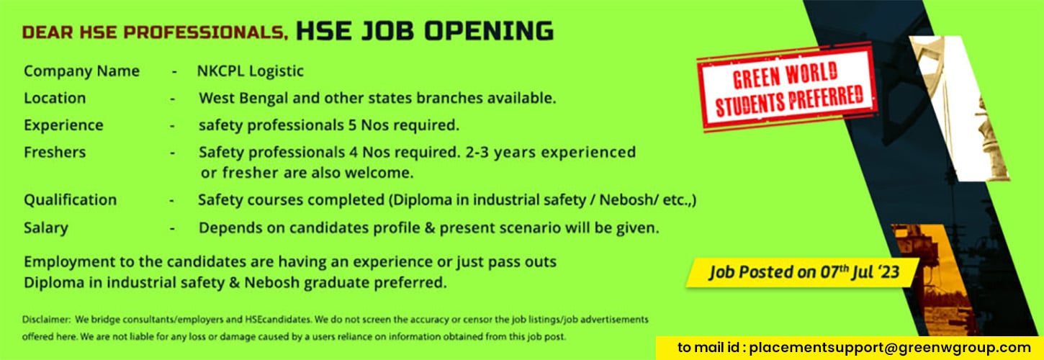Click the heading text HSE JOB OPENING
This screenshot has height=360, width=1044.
pyautogui.click(x=425, y=32)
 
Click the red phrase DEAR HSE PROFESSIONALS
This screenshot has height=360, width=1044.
pyautogui.click(x=155, y=33)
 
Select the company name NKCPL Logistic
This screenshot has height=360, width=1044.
pyautogui.click(x=251, y=71)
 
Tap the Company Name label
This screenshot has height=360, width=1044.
pyautogui.click(x=81, y=71)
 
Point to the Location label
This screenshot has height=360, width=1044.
pyautogui.click(x=55, y=98)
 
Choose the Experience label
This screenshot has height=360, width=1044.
pyautogui.click(x=63, y=125)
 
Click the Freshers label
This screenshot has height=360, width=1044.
pyautogui.click(x=55, y=153)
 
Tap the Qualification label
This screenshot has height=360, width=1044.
pyautogui.click(x=70, y=199)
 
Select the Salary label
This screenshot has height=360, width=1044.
pyautogui.click(x=45, y=228)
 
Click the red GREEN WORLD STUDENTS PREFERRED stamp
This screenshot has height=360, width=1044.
pyautogui.click(x=787, y=86)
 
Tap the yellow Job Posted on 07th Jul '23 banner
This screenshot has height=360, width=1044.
pyautogui.click(x=802, y=273)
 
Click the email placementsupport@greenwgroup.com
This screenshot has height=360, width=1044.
pyautogui.click(x=890, y=348)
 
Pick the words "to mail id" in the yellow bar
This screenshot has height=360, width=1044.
pyautogui.click(x=710, y=348)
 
